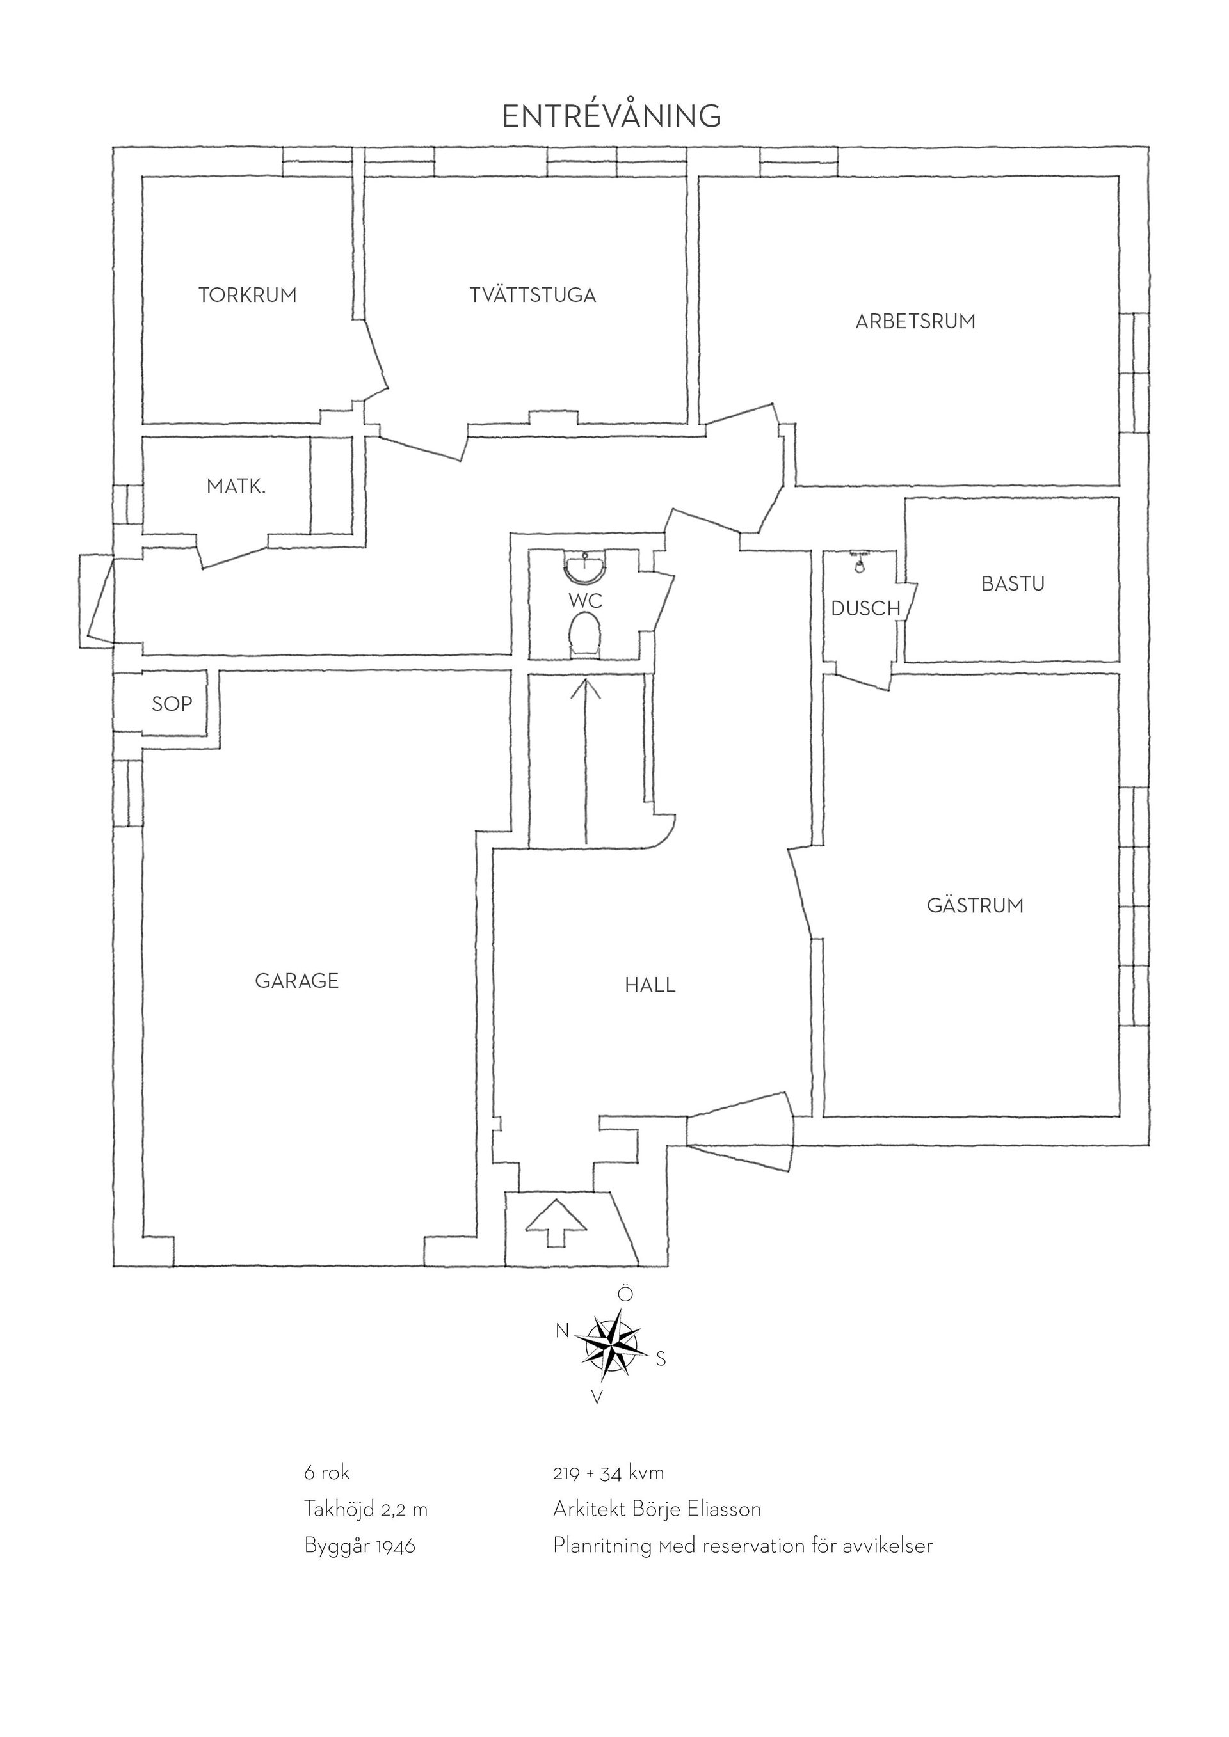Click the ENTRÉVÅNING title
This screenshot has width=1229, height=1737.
(611, 115)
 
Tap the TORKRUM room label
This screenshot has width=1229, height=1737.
(248, 295)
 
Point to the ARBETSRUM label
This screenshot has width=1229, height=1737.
(916, 322)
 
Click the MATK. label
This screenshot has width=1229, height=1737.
(236, 486)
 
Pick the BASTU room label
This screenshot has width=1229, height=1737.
(1013, 583)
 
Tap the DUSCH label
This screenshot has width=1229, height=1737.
(866, 608)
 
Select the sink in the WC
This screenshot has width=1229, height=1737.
(585, 569)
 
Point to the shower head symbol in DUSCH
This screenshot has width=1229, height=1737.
(859, 561)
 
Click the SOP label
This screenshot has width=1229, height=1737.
(172, 704)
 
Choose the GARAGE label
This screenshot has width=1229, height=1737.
(296, 981)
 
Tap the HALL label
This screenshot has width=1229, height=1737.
(650, 985)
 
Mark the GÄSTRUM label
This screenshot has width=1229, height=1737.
(975, 905)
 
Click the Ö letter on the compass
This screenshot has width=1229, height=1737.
(625, 1294)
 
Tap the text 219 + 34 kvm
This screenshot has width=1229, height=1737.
(609, 1472)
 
